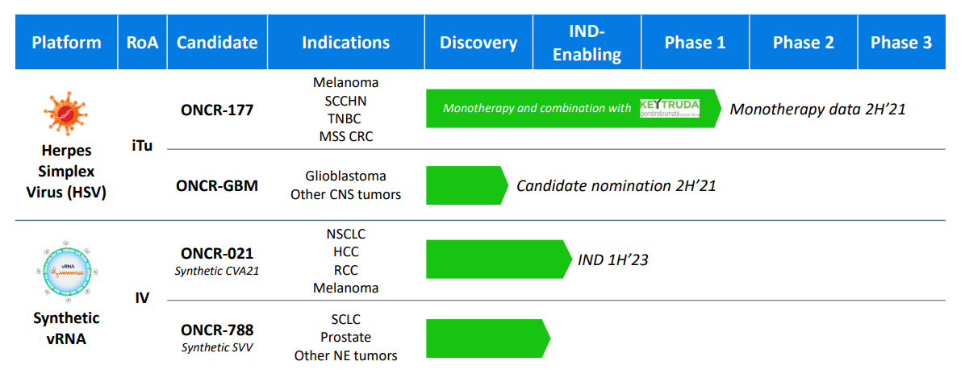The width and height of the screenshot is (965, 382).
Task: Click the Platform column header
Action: coord(66,42)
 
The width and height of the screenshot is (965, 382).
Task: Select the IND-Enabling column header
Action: coord(587,42)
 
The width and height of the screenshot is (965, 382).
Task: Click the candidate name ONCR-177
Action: coord(217,110)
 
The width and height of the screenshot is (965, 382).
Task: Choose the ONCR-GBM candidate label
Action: coord(217,186)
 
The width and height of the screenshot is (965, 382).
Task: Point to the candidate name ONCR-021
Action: coord(217,253)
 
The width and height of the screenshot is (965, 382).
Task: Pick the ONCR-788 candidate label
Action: coord(217,330)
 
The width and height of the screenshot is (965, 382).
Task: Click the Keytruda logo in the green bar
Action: coord(669,108)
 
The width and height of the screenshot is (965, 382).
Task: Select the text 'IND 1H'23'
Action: coord(613,260)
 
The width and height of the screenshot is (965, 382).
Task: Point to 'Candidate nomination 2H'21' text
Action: coord(616,186)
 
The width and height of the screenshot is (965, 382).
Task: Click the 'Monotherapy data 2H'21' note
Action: coord(817,109)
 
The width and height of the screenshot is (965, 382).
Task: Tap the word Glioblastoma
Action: coord(345,176)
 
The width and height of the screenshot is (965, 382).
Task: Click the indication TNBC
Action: coord(345,118)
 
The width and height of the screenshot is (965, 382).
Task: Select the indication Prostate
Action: coord(345,337)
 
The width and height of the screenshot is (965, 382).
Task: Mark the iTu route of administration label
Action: coord(141,147)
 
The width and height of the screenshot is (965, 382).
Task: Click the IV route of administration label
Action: coord(141,298)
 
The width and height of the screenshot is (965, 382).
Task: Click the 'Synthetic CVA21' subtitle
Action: coord(217,271)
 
